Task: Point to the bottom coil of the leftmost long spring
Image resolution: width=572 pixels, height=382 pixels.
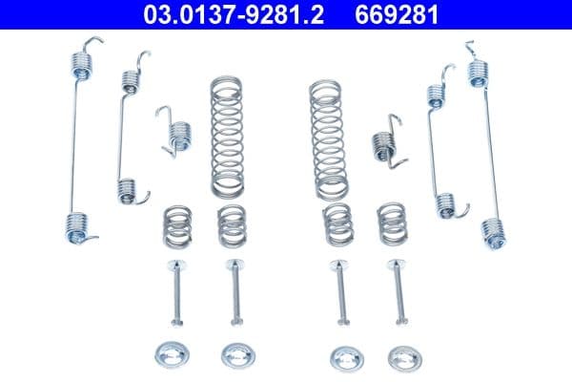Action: [81, 226]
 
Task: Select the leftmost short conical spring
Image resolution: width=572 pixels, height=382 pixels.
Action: [174, 224]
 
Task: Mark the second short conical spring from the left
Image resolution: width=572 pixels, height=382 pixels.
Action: [231, 224]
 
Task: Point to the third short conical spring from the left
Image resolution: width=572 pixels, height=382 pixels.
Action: [336, 223]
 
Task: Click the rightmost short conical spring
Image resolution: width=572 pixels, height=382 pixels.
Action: [391, 223]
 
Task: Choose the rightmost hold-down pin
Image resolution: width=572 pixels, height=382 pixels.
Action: [397, 291]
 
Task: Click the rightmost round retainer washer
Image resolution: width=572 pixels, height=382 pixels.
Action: [398, 355]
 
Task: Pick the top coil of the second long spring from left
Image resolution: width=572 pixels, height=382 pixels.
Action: [128, 84]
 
